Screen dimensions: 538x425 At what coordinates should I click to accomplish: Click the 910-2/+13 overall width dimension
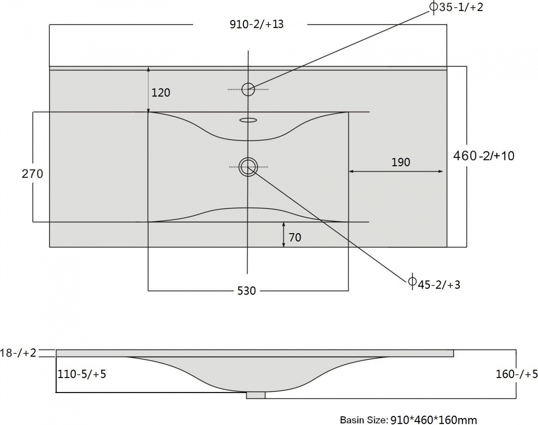(257, 25)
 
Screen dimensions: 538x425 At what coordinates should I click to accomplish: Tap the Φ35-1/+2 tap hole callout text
(456, 7)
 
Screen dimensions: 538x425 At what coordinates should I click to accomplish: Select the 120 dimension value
(161, 93)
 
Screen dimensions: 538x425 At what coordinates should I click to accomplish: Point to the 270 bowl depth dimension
(32, 174)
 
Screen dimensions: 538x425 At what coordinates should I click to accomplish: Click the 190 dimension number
(401, 162)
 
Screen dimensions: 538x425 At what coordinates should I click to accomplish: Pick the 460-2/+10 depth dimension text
(484, 156)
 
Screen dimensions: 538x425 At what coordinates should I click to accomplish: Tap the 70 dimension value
(295, 237)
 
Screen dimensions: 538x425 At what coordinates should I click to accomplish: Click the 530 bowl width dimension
(246, 291)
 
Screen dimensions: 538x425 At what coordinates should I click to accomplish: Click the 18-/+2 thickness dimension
(18, 353)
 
